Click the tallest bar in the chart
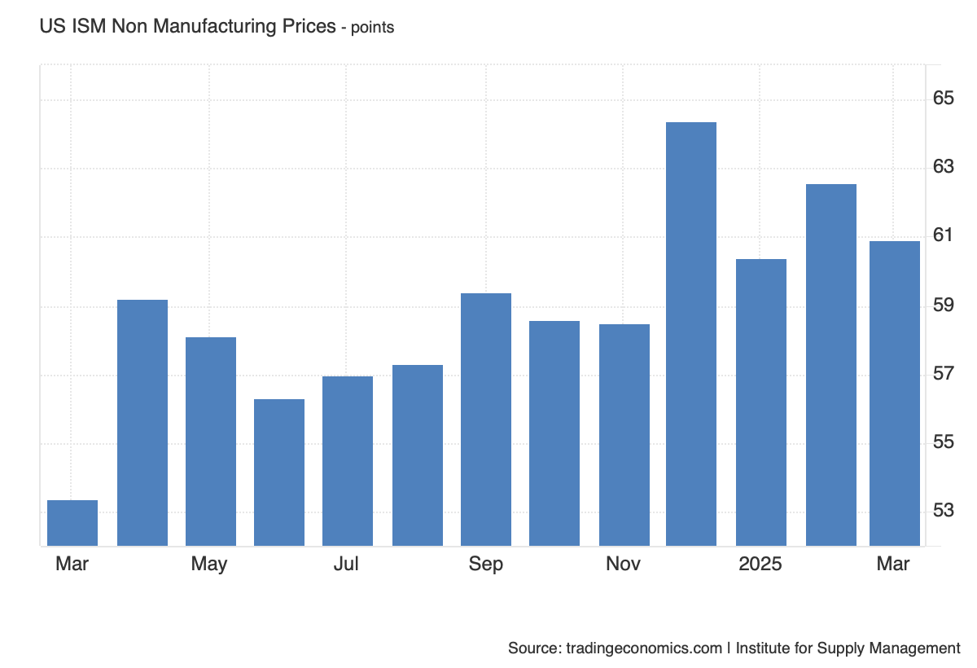click(691, 334)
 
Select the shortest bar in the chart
click(72, 523)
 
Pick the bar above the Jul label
click(348, 461)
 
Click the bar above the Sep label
click(486, 420)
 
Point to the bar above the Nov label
click(624, 435)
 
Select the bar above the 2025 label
click(761, 402)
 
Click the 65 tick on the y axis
click(943, 99)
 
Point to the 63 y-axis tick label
click(943, 168)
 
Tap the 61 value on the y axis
click(943, 236)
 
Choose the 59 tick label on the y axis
click(943, 305)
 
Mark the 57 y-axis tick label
click(943, 374)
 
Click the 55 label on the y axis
click(943, 442)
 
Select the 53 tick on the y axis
click(943, 511)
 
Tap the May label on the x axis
click(209, 564)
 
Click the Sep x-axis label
click(486, 564)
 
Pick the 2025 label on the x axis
click(760, 564)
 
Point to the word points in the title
click(372, 28)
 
